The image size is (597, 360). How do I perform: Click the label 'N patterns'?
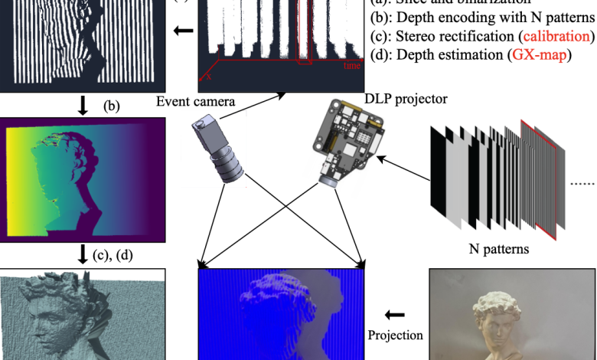point(497,248)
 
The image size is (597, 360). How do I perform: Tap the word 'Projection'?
point(396,335)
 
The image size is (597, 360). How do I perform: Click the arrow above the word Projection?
point(395,314)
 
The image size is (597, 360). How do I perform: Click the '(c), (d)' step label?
point(112,255)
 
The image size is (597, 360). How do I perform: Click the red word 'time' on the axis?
point(352,66)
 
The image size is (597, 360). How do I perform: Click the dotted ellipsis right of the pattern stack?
point(582,184)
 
